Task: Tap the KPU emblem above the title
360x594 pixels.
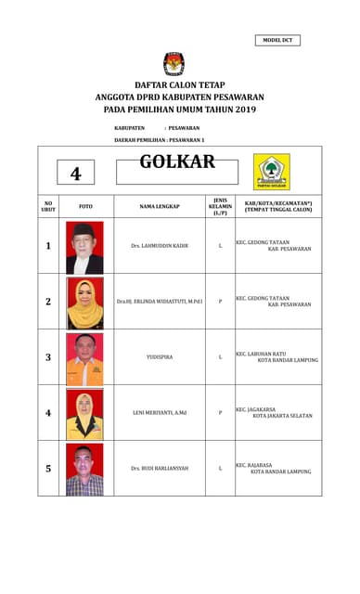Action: point(174,63)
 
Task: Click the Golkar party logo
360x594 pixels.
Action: point(272,171)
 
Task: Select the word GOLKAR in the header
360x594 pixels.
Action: point(177,162)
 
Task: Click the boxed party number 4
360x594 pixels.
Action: point(76,174)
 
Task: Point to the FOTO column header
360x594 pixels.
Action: point(85,205)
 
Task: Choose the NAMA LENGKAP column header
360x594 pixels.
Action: point(160,205)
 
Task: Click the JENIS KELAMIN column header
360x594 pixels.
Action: point(220,205)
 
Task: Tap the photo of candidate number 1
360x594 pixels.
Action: point(84,247)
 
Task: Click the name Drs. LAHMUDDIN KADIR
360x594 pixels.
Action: point(160,246)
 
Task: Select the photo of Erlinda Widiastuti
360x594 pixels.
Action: point(84,303)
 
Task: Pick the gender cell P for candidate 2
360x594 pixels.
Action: point(220,302)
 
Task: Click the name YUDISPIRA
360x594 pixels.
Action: point(160,356)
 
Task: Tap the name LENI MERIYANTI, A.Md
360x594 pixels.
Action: point(160,412)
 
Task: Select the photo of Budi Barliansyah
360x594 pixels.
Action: point(84,470)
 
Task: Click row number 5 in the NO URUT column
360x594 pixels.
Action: point(48,469)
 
